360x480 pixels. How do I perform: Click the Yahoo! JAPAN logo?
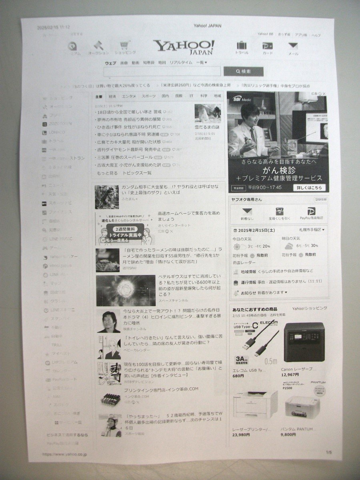(x=184, y=47)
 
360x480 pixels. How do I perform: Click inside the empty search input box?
(x=162, y=72)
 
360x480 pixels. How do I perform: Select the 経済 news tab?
(x=112, y=96)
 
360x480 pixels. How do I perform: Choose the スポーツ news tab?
(x=148, y=96)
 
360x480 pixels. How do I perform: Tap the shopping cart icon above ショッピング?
(x=125, y=45)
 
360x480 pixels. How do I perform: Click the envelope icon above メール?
(x=293, y=46)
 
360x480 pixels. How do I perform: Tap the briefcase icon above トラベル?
(x=241, y=46)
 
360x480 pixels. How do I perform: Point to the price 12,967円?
(x=290, y=375)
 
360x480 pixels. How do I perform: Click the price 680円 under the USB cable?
(x=238, y=376)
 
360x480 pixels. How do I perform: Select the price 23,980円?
(x=241, y=435)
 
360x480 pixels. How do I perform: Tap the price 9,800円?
(x=288, y=434)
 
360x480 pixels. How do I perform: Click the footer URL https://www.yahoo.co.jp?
(x=64, y=454)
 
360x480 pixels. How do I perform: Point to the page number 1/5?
(x=329, y=452)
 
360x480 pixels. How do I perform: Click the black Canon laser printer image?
(x=304, y=342)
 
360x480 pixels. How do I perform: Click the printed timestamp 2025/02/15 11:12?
(x=53, y=27)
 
